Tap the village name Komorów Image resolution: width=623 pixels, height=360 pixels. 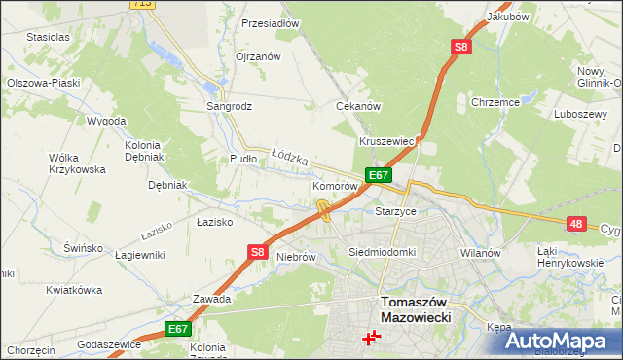[x=337, y=185]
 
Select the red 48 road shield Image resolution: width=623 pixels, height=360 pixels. [x=576, y=224]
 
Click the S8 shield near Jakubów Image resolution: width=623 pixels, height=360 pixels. [x=460, y=47]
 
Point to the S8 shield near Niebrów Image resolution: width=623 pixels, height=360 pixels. [x=257, y=252]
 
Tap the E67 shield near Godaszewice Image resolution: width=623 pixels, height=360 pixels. [x=176, y=330]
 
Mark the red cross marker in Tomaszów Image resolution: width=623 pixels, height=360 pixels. [x=371, y=338]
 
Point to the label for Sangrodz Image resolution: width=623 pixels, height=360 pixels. [x=230, y=106]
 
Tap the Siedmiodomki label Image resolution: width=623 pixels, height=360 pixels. [x=383, y=252]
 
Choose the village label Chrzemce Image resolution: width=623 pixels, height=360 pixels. [x=495, y=101]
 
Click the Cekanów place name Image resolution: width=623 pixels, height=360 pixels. [x=357, y=106]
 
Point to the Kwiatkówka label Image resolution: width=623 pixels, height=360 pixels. [x=74, y=290]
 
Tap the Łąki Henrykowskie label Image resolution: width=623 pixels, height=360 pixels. [x=570, y=257]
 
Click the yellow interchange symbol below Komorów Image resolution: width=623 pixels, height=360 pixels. [x=322, y=207]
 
